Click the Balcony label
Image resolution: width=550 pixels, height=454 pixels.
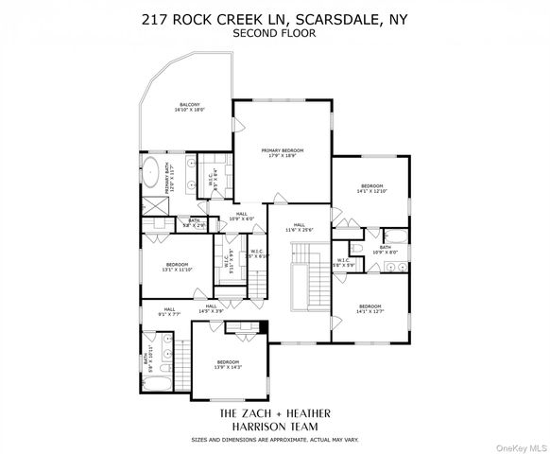tap(189, 107)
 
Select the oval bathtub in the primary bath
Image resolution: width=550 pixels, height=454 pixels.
tap(154, 173)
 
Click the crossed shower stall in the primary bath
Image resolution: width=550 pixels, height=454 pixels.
tap(151, 205)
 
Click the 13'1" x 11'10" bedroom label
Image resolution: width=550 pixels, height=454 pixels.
tap(177, 267)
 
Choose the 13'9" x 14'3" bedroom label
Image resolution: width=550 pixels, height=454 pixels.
tap(229, 365)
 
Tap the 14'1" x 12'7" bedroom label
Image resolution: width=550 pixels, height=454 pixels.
tap(370, 309)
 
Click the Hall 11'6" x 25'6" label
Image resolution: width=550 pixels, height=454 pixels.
tap(298, 227)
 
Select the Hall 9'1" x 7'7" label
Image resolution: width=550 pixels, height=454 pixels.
tap(169, 311)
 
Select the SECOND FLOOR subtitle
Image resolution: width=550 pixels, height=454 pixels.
tap(274, 33)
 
